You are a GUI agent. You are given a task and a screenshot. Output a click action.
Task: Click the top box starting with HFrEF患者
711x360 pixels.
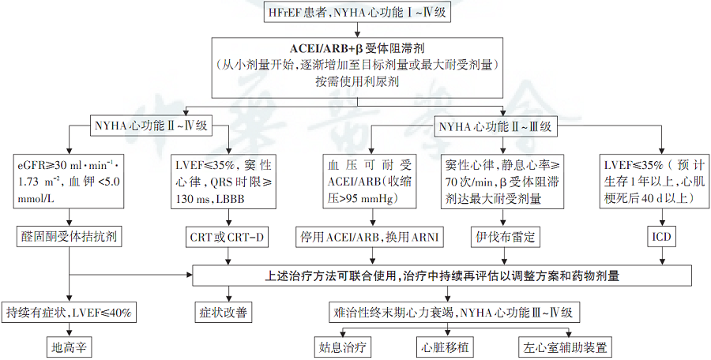tap(357, 13)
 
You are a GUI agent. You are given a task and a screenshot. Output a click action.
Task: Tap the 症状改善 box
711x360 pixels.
tap(223, 313)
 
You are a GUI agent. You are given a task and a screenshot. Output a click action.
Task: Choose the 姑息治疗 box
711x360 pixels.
tap(342, 347)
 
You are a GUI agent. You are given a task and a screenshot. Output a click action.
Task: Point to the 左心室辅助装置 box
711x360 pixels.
tap(565, 347)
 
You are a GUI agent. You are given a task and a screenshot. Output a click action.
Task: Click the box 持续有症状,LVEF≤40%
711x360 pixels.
tap(70, 313)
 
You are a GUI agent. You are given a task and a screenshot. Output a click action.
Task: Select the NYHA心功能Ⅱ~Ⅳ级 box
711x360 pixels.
tap(151, 126)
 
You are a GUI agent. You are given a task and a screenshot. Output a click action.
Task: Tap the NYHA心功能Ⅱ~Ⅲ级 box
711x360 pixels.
tap(495, 126)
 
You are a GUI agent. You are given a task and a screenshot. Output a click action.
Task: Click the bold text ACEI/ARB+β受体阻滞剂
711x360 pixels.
tap(358, 47)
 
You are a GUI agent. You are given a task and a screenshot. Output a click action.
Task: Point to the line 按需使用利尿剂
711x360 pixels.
tap(358, 82)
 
